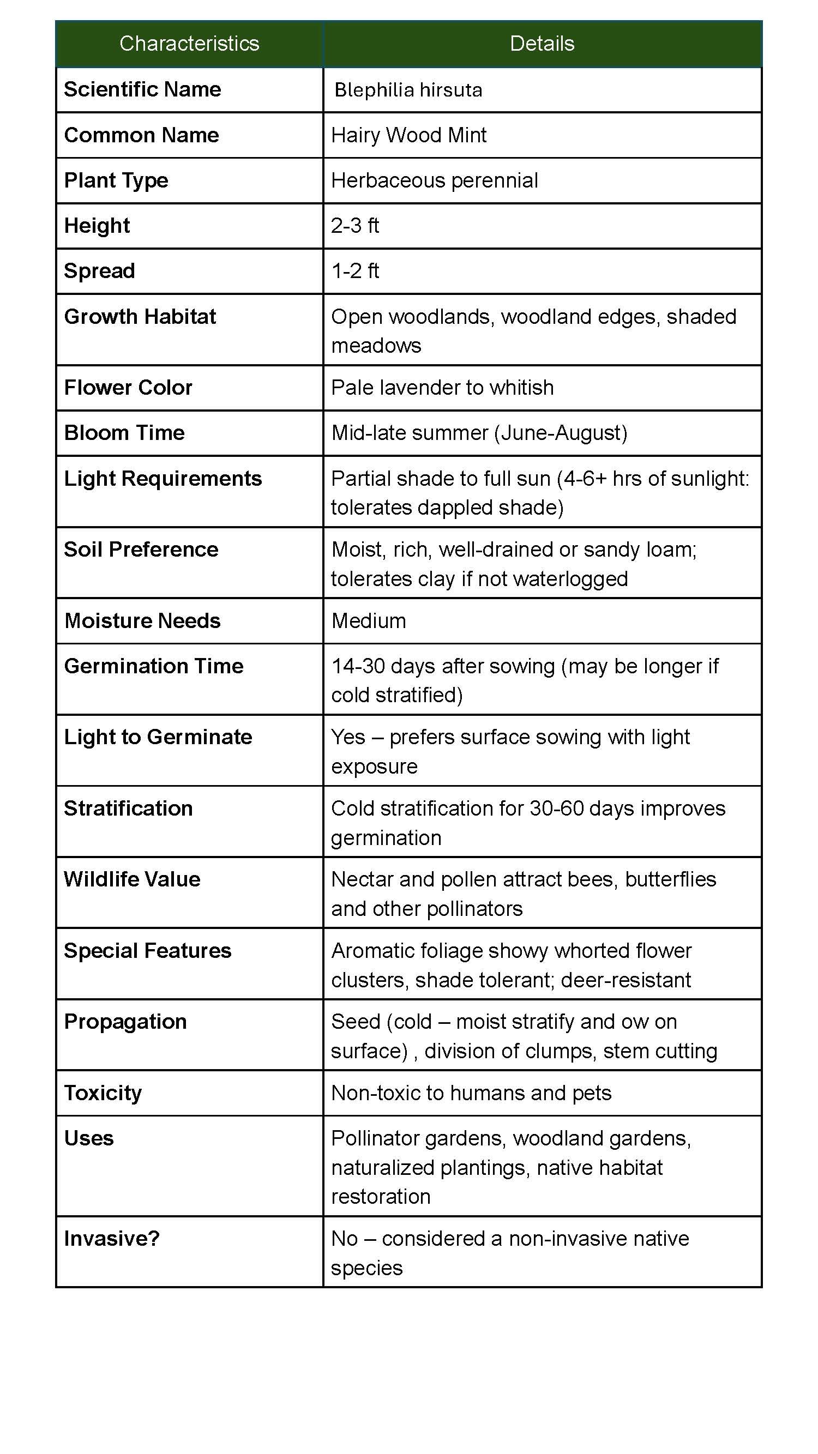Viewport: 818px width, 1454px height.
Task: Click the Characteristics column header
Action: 189,44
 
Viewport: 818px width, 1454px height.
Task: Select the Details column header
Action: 542,44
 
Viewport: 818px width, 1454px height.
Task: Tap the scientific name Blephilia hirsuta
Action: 408,91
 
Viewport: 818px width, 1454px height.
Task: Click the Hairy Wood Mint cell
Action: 408,135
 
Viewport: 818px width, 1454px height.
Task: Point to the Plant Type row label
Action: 116,180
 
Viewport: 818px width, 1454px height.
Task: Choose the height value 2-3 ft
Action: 355,226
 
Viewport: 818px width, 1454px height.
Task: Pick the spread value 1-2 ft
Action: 355,271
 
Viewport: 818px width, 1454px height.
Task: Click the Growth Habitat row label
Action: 140,317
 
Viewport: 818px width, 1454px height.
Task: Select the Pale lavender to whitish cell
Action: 442,388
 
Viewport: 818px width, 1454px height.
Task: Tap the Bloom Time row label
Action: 124,433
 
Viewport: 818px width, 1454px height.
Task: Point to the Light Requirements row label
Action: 163,479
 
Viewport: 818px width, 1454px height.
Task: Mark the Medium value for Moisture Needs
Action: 369,621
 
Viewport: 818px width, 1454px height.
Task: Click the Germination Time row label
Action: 154,666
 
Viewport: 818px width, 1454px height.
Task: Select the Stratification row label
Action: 128,809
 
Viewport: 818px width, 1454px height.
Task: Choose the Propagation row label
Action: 125,1022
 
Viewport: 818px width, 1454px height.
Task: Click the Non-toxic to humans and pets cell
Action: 471,1093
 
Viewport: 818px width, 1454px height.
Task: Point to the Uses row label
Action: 89,1138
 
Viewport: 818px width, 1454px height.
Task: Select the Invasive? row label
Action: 112,1239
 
